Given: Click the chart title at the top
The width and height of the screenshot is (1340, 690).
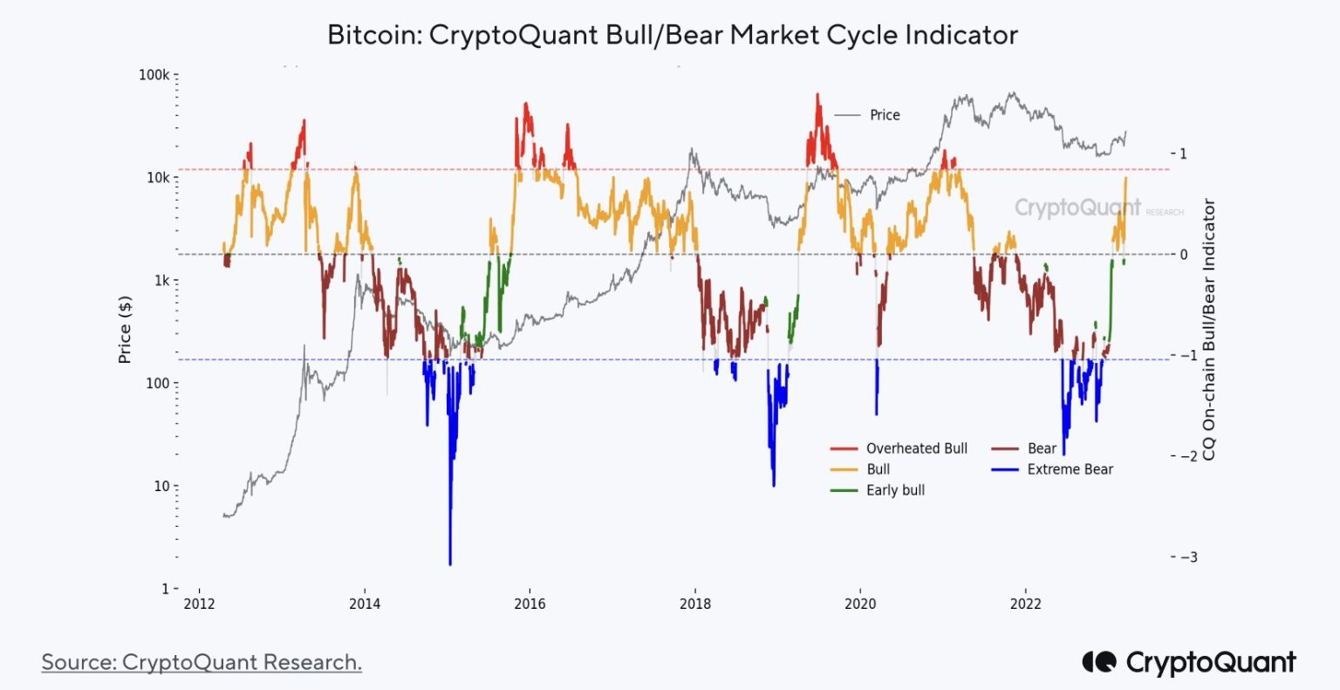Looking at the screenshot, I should (x=672, y=35).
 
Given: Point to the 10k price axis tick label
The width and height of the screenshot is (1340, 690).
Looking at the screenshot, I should (x=157, y=178).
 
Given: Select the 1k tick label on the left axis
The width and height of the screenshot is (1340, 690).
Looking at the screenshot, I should (x=161, y=281).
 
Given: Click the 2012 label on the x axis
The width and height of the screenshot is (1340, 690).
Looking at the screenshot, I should (x=199, y=605).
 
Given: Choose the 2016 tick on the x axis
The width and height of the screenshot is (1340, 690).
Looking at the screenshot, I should (x=530, y=605).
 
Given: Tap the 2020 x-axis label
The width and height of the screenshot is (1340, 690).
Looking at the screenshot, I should (x=860, y=605).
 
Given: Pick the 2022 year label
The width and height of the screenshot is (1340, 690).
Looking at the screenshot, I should (x=1025, y=605).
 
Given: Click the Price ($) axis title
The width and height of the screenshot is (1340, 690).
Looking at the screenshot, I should (x=125, y=330).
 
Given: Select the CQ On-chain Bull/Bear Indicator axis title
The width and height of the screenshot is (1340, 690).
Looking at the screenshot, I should (x=1209, y=330).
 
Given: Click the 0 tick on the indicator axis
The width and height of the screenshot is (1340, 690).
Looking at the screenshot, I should (x=1184, y=255).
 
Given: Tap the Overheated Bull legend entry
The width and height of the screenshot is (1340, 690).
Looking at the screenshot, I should (x=916, y=448).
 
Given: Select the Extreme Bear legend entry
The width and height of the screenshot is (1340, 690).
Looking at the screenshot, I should (x=1070, y=469).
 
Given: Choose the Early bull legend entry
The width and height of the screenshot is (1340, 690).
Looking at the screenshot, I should (x=895, y=490).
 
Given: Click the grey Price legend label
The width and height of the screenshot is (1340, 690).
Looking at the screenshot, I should (x=885, y=115).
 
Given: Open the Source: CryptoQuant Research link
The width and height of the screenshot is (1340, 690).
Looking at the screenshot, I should (x=202, y=662).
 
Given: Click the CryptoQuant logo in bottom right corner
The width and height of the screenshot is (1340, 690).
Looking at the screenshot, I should (x=1189, y=662).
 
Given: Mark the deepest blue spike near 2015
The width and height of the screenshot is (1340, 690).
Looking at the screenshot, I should (x=450, y=563).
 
